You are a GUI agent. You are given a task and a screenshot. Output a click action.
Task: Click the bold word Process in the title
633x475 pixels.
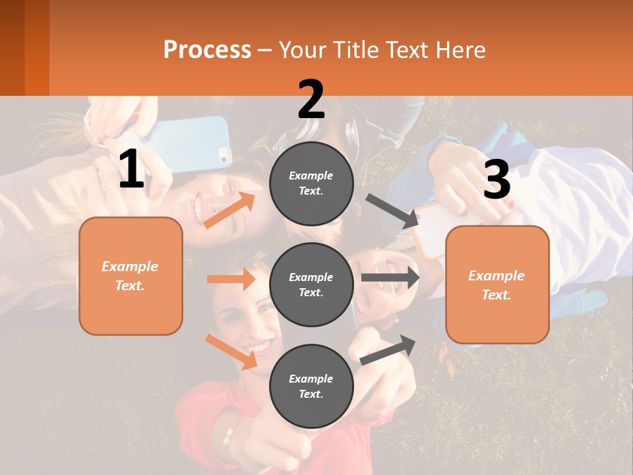[x=207, y=49]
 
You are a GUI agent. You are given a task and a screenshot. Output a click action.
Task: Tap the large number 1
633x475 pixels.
[x=131, y=170]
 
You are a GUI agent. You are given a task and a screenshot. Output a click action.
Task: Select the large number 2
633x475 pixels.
[x=311, y=100]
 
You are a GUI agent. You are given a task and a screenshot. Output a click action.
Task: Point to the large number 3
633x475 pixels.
[x=497, y=179]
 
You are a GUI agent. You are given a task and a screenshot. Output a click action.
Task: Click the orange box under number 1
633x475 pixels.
[x=131, y=276]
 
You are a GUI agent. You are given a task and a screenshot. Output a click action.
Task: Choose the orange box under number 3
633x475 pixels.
[x=497, y=285]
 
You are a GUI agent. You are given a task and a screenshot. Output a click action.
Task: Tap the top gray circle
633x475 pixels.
[x=311, y=183]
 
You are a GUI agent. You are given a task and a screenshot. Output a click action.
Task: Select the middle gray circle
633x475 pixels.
[x=311, y=284]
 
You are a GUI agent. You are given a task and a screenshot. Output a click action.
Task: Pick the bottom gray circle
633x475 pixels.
[x=311, y=386]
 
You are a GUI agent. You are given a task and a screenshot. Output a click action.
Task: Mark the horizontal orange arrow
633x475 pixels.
[x=231, y=279]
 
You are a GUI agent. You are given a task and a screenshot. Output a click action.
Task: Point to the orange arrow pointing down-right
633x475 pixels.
[x=231, y=352]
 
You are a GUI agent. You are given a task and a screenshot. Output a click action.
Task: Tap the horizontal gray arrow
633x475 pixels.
[x=390, y=278]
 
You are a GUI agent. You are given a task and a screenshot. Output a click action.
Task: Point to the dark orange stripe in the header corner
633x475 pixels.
[x=37, y=47]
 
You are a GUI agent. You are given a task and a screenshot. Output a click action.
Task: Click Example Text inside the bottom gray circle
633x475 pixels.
[x=311, y=386]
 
